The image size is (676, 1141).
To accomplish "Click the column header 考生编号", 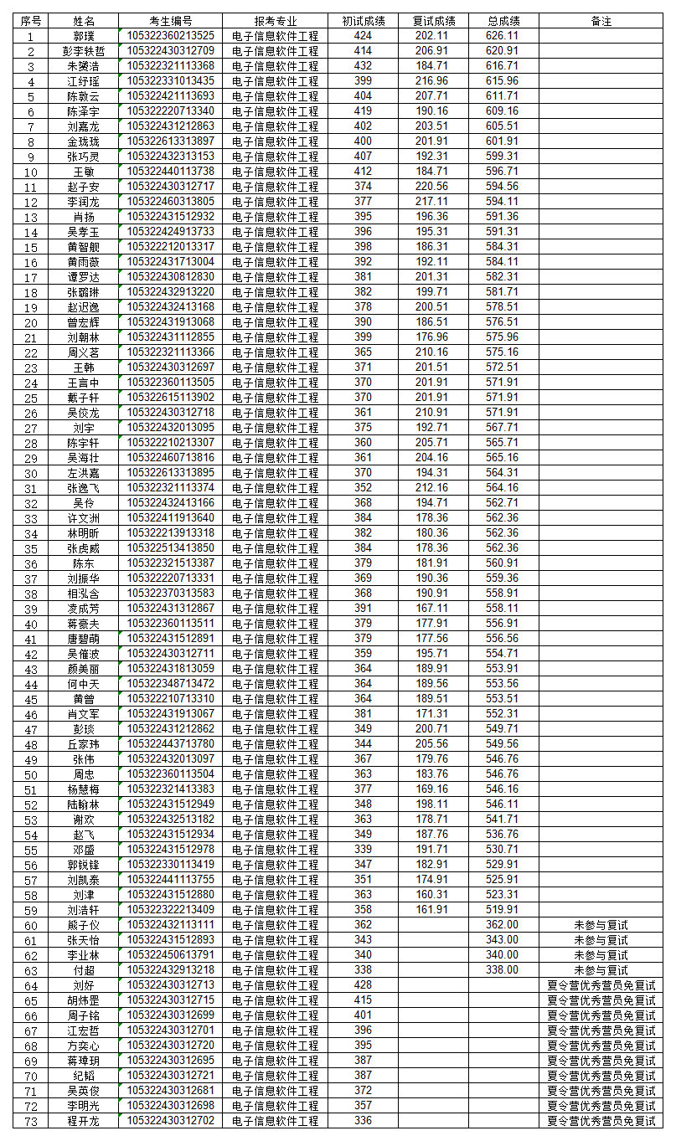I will [x=170, y=21].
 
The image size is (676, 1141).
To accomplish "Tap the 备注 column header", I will [x=601, y=21].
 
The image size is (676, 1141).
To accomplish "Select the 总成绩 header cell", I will [x=502, y=21].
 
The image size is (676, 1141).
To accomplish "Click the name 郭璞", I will [x=84, y=36].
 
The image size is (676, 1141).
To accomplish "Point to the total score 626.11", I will [x=502, y=36].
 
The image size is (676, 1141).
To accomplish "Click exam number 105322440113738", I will [x=170, y=172].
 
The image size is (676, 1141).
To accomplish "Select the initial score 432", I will [x=363, y=66].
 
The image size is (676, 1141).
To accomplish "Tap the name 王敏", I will [x=84, y=172].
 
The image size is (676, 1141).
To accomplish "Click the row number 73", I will [x=31, y=1122].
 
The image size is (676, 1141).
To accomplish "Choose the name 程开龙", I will [x=84, y=1122].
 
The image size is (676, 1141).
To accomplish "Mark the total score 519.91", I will [x=502, y=910].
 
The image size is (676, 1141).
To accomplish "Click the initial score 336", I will [x=363, y=1122].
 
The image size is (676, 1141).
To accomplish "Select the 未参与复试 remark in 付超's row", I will [x=601, y=970].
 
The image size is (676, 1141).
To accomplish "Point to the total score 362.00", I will [x=502, y=925].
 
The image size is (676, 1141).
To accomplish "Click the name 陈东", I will [x=84, y=563].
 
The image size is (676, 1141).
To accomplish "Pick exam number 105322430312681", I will [x=170, y=1091].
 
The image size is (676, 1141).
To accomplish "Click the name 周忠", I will [x=84, y=774].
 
